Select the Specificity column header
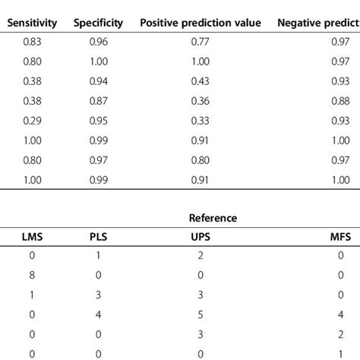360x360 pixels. tap(99, 23)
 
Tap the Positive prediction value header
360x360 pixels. tap(201, 23)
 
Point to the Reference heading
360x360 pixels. tap(213, 218)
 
